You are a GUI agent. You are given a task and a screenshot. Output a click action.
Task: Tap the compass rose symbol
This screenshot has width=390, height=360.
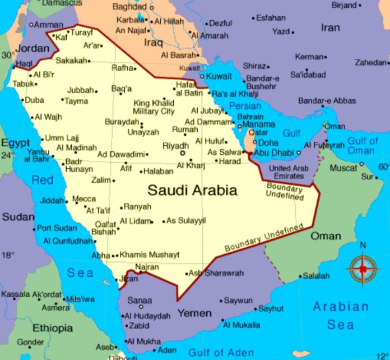pos(363,269)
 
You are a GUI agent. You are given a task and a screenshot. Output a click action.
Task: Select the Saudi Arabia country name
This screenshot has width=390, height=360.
pos(192,190)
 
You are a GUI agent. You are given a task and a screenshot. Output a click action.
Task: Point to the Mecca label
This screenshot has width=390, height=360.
pos(84,199)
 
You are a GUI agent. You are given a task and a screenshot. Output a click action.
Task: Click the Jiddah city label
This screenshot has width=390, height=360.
pos(53,200)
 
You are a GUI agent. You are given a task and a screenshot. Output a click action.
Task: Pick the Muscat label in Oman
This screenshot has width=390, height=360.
pos(343,168)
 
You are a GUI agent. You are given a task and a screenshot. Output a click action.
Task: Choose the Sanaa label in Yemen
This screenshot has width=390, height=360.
pos(140,300)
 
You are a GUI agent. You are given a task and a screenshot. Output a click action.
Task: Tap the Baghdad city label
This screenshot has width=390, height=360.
pos(129,7)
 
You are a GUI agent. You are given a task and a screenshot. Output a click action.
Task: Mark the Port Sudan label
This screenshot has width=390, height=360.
pos(57,228)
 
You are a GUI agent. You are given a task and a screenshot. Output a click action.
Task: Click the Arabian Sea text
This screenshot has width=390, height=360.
pos(341,316)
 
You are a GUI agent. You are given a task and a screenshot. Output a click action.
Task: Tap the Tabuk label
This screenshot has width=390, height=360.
pos(23,84)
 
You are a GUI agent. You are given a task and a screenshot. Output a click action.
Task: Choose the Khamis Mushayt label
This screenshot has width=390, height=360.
pos(150,255)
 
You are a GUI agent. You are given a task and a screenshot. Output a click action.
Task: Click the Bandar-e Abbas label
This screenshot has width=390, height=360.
pos(326,101)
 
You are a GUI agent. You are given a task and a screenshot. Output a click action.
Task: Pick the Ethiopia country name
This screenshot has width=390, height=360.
pos(52,328)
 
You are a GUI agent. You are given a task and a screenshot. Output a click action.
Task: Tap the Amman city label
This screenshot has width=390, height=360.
pos(49,25)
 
